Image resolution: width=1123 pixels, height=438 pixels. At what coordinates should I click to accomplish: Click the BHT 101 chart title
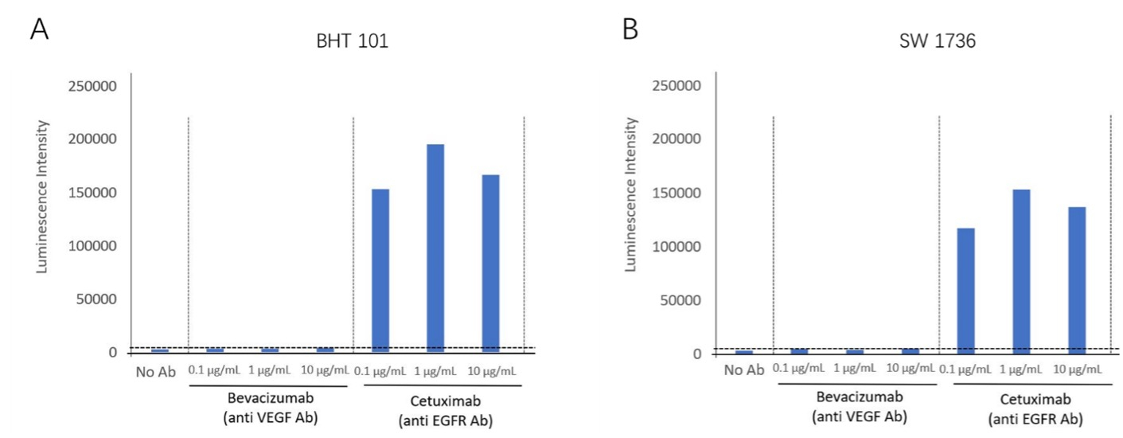coord(353,41)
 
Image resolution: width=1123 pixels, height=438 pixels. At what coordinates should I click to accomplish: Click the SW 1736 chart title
coord(937,41)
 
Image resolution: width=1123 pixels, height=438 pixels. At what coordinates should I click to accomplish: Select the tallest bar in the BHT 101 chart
coord(435,248)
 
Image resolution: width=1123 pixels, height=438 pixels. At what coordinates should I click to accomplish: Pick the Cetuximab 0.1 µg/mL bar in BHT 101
coord(380,271)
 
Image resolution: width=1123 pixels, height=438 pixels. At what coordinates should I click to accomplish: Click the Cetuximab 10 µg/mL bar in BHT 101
coord(490,264)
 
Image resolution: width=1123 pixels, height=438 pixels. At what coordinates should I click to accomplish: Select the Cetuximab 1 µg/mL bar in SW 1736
coord(1021,272)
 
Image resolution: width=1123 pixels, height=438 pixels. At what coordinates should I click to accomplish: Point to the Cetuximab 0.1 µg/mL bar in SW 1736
coord(965,291)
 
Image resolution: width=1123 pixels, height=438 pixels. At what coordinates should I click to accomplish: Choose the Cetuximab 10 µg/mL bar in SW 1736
coord(1077,280)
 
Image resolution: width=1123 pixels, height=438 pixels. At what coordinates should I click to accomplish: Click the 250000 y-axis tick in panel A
coord(92,86)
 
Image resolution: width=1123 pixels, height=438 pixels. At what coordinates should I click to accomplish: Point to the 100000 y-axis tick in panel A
coord(92,246)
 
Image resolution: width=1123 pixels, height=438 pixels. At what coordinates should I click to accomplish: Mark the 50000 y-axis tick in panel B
coord(680,300)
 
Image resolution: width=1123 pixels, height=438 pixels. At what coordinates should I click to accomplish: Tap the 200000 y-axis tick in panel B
coord(677,139)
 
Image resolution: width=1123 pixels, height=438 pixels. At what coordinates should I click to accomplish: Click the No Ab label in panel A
coord(155,372)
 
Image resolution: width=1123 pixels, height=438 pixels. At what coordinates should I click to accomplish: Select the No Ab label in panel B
coord(743,370)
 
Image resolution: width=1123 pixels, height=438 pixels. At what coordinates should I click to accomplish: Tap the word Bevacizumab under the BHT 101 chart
coord(271,398)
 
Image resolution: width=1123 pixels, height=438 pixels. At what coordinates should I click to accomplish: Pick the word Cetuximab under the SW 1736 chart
coord(1035,399)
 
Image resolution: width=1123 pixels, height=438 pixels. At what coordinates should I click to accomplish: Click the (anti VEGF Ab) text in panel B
coord(860,416)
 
